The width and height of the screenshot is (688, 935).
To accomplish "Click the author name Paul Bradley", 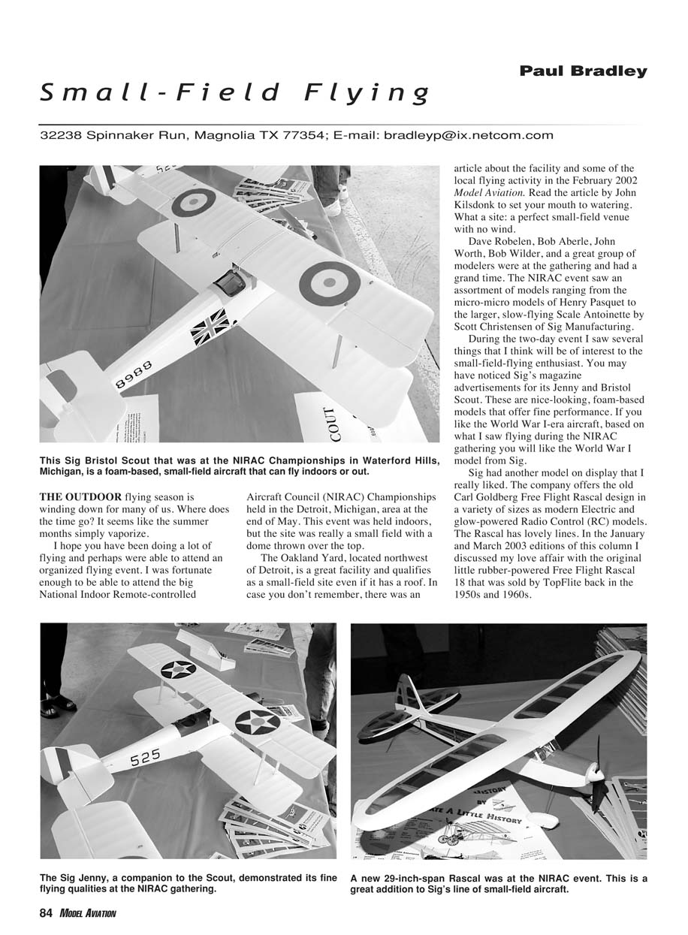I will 583,71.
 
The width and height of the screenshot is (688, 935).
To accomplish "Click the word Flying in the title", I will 367,93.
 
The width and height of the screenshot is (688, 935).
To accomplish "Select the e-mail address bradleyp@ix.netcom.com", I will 469,136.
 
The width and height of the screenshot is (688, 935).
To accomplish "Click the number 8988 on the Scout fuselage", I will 134,373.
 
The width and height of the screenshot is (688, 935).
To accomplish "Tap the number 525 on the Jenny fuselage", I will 145,759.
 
